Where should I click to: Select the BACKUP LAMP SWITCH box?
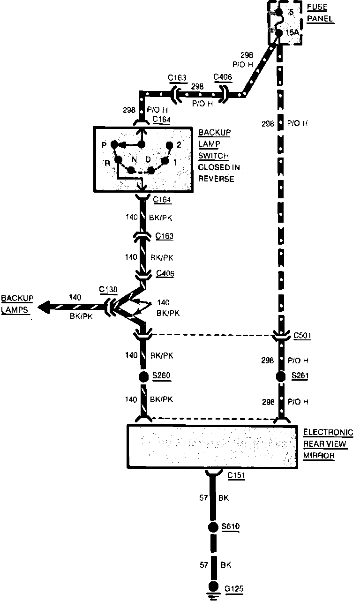point(143,159)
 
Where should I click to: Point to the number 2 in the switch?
point(179,145)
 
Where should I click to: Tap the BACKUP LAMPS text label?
point(17,304)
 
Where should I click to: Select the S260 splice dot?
point(144,376)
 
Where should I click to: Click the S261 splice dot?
point(280,376)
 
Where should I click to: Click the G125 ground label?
point(234,588)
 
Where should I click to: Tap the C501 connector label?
point(302,336)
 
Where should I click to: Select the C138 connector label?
point(109,290)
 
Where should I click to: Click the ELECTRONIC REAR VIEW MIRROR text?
point(328,444)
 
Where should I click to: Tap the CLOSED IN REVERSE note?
point(216,173)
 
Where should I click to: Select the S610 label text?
point(231,527)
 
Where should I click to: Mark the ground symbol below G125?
point(214,595)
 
